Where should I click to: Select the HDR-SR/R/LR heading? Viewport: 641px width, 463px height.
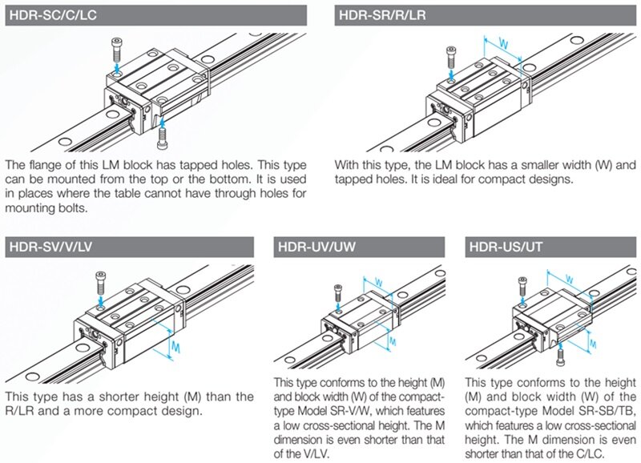[381, 14]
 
